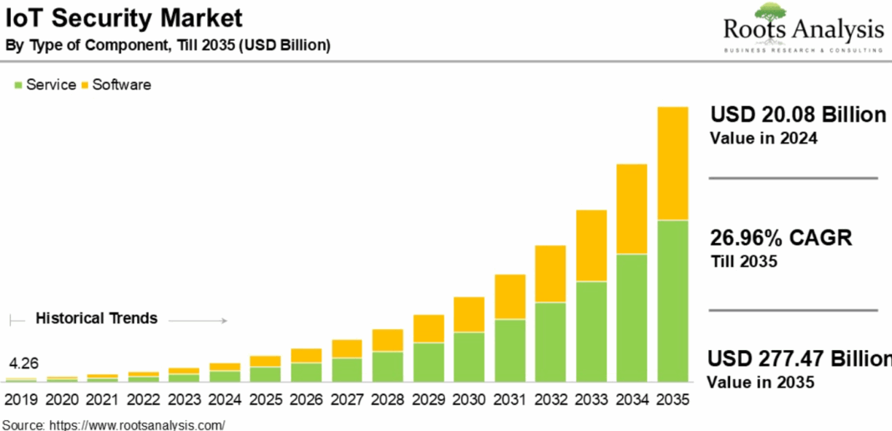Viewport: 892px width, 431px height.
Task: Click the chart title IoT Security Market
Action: click(124, 18)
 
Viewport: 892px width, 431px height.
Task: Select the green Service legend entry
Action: click(46, 84)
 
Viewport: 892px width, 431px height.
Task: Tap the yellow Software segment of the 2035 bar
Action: click(673, 164)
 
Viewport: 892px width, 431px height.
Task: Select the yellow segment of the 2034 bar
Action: click(632, 209)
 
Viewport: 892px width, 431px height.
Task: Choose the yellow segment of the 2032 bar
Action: click(550, 274)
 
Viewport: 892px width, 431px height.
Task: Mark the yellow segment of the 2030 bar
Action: click(469, 314)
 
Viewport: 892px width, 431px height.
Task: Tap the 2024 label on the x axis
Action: click(224, 400)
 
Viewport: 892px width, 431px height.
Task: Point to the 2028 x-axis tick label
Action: click(388, 400)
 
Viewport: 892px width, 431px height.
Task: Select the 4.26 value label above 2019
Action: click(23, 364)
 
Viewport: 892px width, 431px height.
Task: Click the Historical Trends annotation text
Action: click(96, 318)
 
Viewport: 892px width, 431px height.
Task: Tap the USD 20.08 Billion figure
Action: click(798, 115)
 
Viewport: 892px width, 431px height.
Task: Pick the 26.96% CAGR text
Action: click(780, 238)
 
